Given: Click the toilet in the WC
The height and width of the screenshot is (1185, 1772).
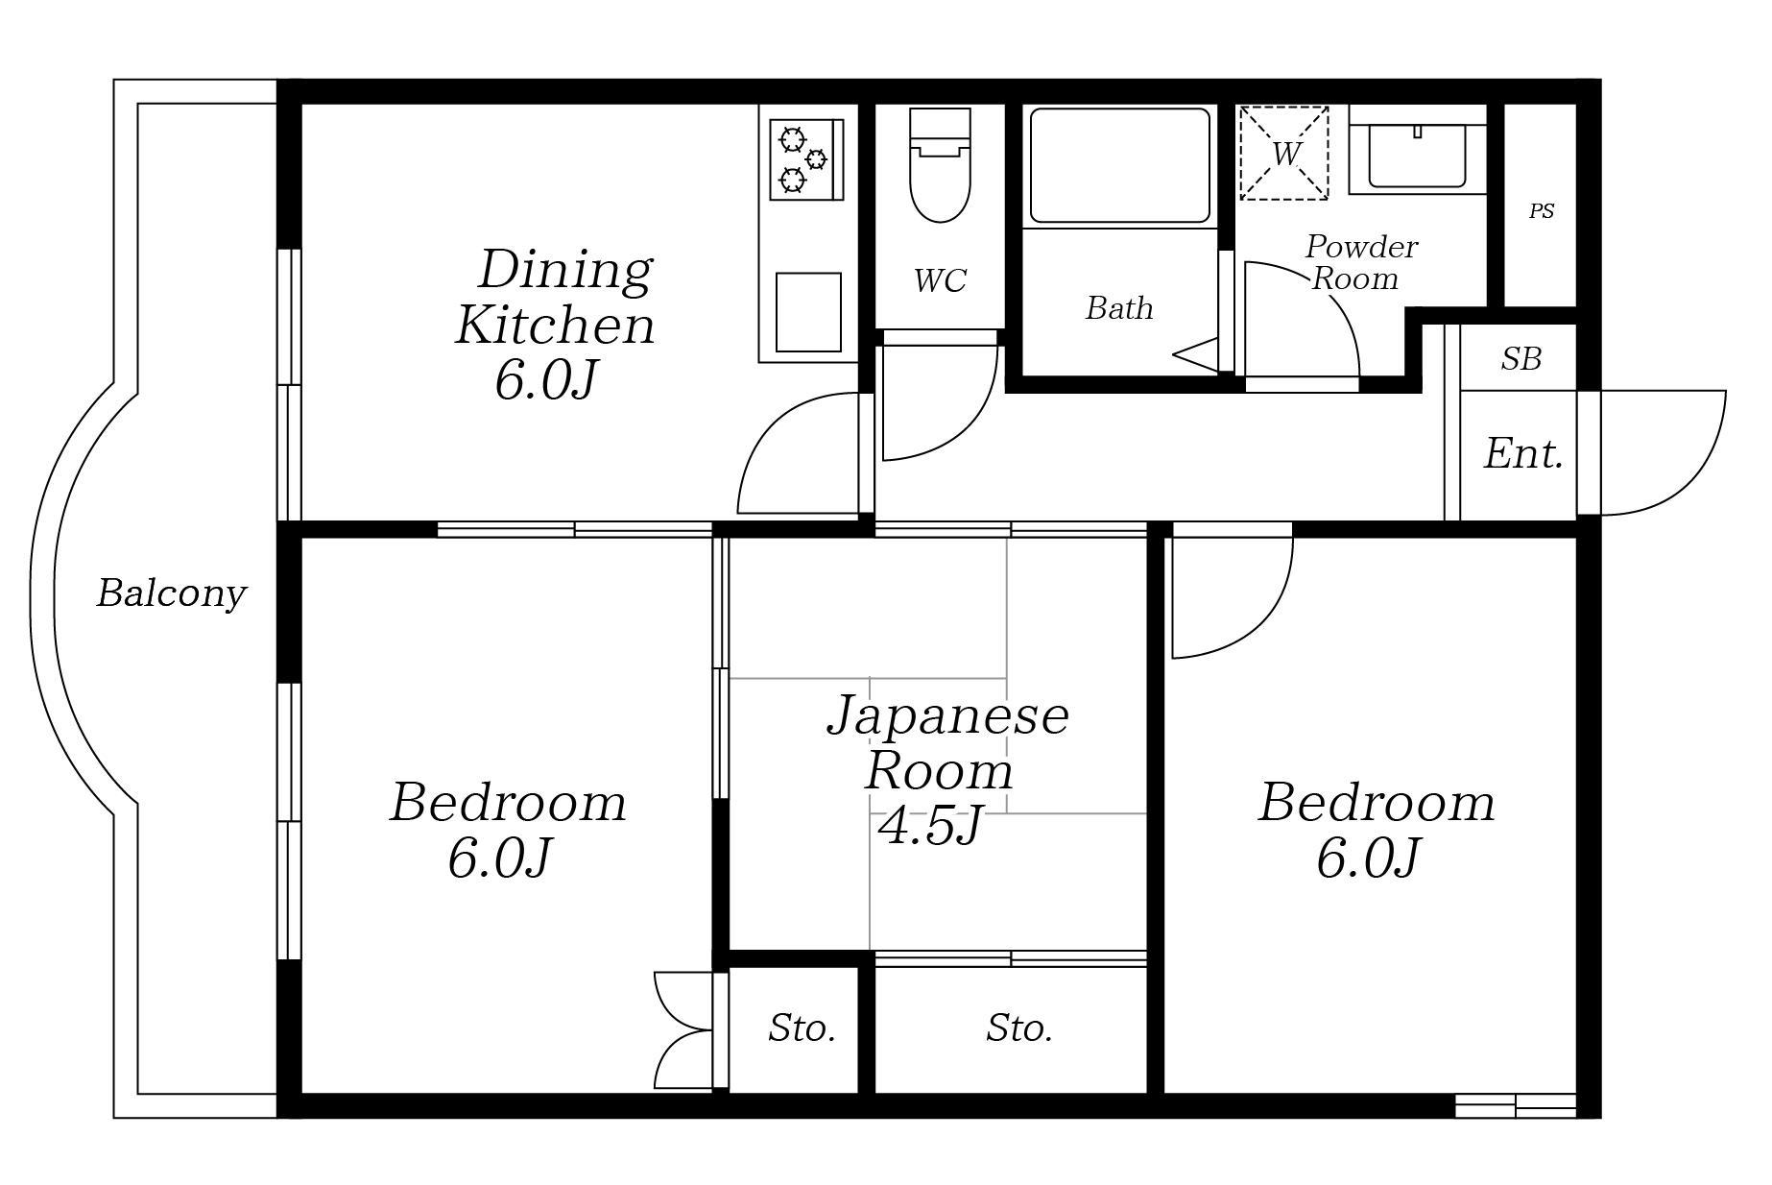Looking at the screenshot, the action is click(940, 164).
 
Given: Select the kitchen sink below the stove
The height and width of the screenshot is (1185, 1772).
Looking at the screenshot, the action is click(808, 312).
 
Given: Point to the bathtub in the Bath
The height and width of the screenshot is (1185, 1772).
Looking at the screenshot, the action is click(1119, 166).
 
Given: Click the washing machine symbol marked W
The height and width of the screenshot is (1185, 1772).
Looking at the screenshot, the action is click(1283, 154).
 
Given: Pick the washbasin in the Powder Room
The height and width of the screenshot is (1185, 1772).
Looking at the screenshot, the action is click(1418, 157).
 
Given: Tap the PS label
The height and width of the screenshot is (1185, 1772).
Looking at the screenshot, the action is click(1542, 211).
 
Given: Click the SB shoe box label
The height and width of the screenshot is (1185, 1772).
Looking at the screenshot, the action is click(1521, 359).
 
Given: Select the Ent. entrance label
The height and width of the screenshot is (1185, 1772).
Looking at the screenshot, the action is click(1523, 453).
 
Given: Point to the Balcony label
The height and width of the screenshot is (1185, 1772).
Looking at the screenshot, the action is click(171, 593).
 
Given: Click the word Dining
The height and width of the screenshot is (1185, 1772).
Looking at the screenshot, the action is click(565, 269).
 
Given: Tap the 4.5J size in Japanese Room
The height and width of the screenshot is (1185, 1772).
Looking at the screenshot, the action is click(930, 825).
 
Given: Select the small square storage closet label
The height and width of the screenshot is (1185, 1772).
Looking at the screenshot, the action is click(802, 1028).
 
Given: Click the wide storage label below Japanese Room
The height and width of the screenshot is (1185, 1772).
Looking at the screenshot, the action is click(1019, 1028).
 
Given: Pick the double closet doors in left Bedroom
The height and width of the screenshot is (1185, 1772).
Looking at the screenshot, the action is click(683, 1030).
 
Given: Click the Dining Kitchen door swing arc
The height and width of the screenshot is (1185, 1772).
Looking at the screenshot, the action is click(768, 427).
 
